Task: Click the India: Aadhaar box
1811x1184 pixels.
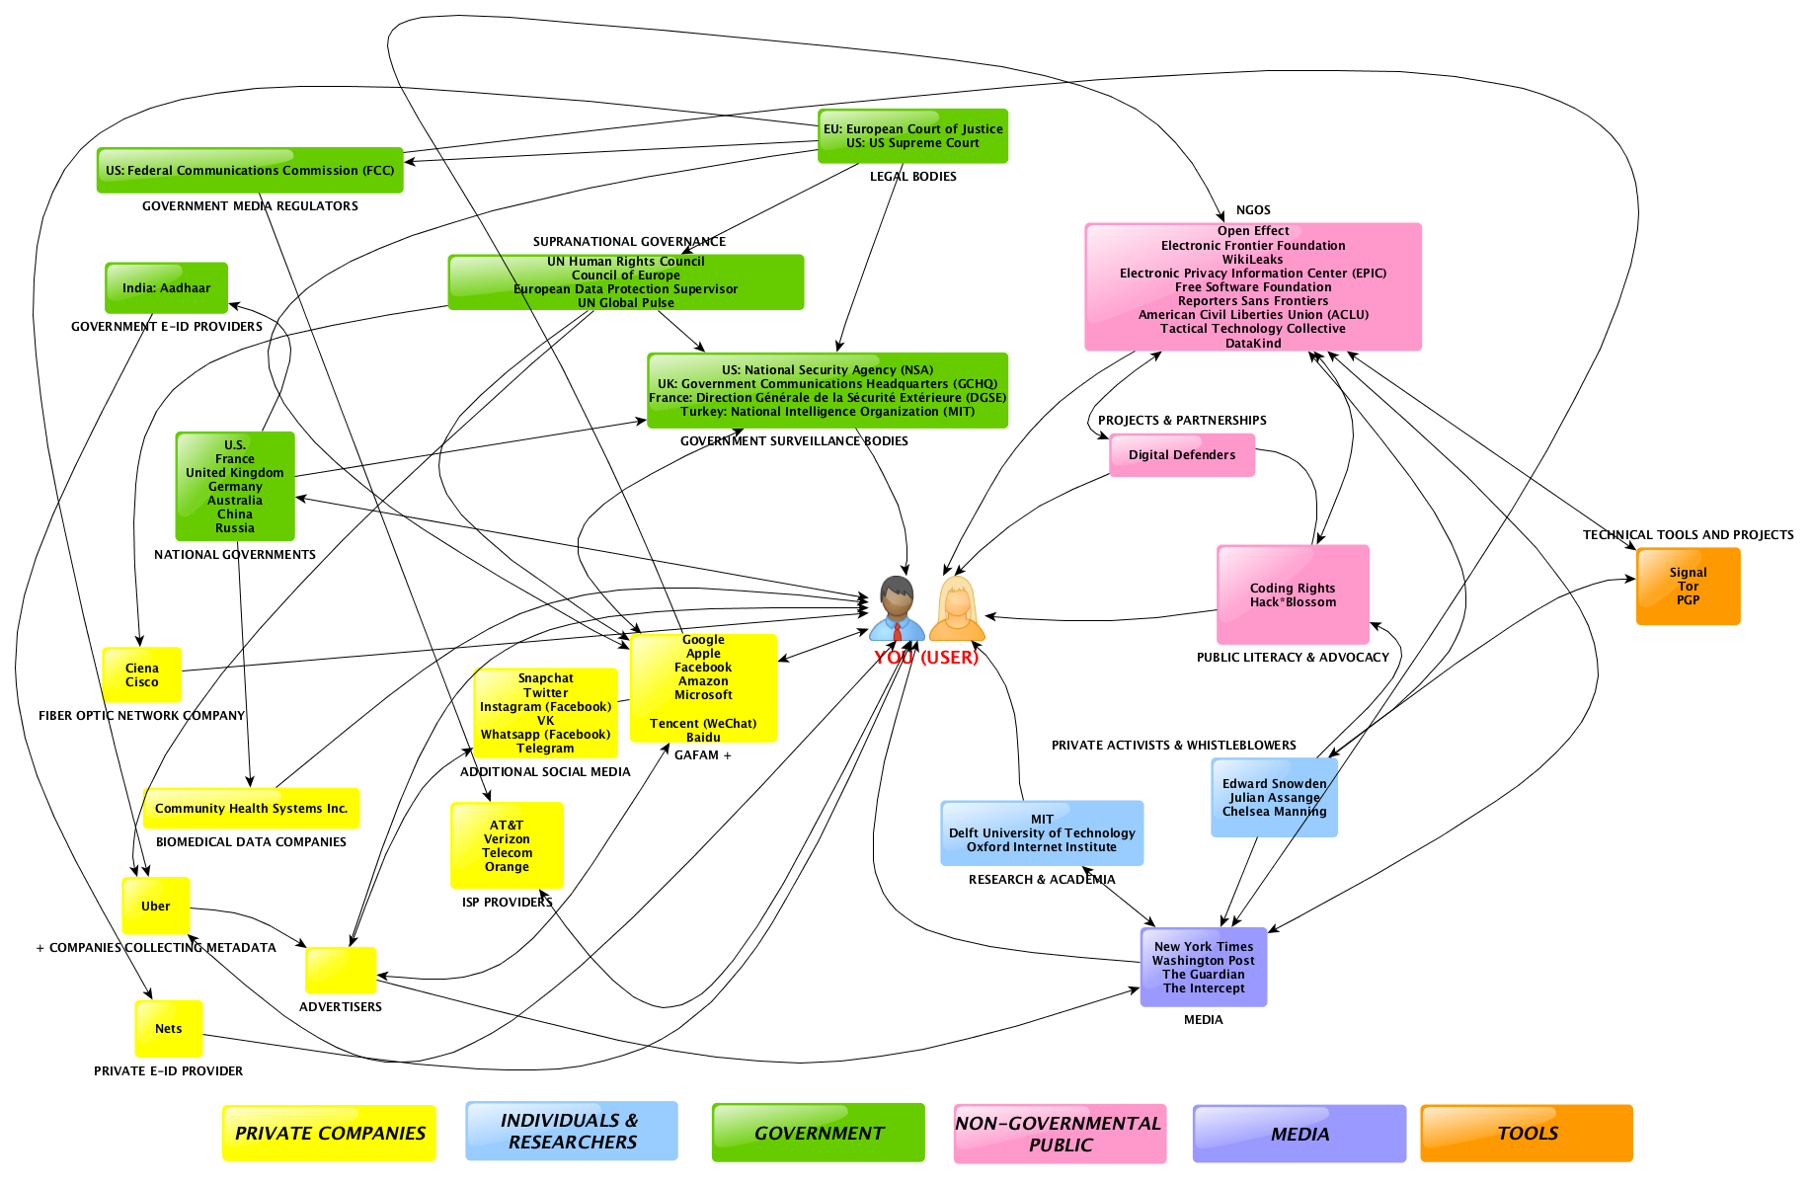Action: pyautogui.click(x=166, y=287)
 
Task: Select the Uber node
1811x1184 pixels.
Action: pyautogui.click(x=155, y=906)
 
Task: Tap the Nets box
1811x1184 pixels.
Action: pyautogui.click(x=168, y=1028)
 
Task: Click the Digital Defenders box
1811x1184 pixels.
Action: pyautogui.click(x=1181, y=455)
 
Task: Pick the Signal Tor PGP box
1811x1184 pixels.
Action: pyautogui.click(x=1688, y=587)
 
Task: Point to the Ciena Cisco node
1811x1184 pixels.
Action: pyautogui.click(x=141, y=675)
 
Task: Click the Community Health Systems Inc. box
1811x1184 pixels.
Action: pyautogui.click(x=251, y=809)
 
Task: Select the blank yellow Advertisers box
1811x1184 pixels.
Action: pyautogui.click(x=341, y=971)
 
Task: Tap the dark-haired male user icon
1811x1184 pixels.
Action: pyautogui.click(x=897, y=608)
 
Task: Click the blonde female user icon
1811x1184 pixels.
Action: pyautogui.click(x=957, y=608)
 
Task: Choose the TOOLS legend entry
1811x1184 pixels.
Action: pyautogui.click(x=1527, y=1134)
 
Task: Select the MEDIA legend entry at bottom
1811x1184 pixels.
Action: pyautogui.click(x=1299, y=1134)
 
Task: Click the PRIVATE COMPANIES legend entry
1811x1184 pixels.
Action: pyautogui.click(x=329, y=1134)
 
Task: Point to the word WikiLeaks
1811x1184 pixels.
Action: pyautogui.click(x=1252, y=260)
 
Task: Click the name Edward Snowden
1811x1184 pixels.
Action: pyautogui.click(x=1274, y=784)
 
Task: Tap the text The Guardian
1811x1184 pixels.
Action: pyautogui.click(x=1203, y=975)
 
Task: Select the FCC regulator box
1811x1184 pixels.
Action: pyautogui.click(x=250, y=171)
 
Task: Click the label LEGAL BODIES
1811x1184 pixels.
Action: pyautogui.click(x=912, y=177)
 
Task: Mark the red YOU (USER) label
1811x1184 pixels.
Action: pyautogui.click(x=925, y=658)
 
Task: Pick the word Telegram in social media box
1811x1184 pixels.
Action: pyautogui.click(x=545, y=749)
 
